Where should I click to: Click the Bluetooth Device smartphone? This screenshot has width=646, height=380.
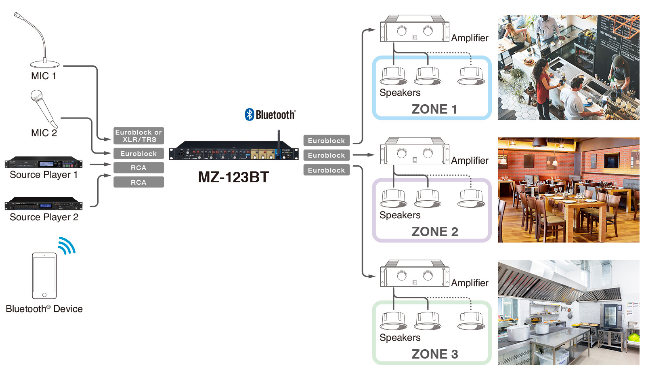pyautogui.click(x=44, y=276)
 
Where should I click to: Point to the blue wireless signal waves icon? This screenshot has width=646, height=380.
pyautogui.click(x=67, y=245)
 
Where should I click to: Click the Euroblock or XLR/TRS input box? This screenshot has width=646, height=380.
pyautogui.click(x=138, y=136)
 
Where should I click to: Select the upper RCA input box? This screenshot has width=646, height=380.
pyautogui.click(x=138, y=168)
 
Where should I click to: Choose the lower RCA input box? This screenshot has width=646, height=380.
pyautogui.click(x=138, y=182)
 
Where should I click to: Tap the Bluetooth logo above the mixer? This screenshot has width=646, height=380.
pyautogui.click(x=270, y=115)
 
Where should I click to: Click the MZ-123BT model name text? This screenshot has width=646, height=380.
pyautogui.click(x=233, y=177)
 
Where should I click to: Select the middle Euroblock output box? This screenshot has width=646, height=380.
pyautogui.click(x=326, y=155)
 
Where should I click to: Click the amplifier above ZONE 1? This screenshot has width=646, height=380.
pyautogui.click(x=415, y=30)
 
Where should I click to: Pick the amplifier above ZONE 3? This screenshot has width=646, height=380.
pyautogui.click(x=415, y=275)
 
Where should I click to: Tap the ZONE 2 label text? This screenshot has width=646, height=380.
pyautogui.click(x=435, y=232)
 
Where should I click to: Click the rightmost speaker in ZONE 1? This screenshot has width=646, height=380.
pyautogui.click(x=471, y=76)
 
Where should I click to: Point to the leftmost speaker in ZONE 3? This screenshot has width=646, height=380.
pyautogui.click(x=394, y=321)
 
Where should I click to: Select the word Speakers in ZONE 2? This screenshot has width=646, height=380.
pyautogui.click(x=400, y=215)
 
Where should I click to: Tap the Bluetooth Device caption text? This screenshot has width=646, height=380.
pyautogui.click(x=44, y=309)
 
